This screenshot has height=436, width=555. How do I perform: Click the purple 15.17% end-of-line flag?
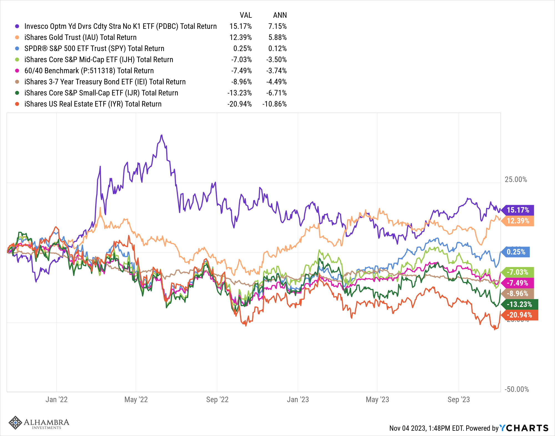[x=518, y=210]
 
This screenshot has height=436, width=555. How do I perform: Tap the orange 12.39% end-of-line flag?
[x=518, y=221]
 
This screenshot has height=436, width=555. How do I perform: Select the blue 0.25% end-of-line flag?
[x=516, y=252]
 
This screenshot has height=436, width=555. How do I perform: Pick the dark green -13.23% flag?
[x=519, y=304]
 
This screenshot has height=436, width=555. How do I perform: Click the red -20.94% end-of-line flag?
[x=519, y=315]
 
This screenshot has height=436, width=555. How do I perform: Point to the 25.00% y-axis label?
[x=516, y=180]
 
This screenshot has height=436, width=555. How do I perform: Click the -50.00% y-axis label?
[x=517, y=389]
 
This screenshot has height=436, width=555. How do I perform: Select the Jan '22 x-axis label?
[x=57, y=400]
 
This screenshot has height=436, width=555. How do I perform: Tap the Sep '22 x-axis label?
[x=217, y=400]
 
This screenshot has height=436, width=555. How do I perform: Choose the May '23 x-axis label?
[x=377, y=400]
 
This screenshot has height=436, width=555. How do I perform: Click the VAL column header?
[x=246, y=15]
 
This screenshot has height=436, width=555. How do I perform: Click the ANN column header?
[x=280, y=15]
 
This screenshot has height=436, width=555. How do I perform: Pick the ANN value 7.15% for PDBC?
[x=277, y=26]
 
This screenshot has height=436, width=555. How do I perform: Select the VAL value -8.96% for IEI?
[x=241, y=82]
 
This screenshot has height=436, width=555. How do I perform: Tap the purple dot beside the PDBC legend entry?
[x=17, y=26]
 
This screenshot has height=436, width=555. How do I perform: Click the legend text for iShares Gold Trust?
[x=80, y=37]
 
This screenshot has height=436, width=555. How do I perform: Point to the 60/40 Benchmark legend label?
[x=89, y=71]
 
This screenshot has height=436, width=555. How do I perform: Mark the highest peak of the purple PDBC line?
[x=162, y=135]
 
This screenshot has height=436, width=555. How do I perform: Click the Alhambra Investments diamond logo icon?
[x=15, y=423]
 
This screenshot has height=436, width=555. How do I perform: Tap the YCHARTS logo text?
[x=524, y=428]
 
